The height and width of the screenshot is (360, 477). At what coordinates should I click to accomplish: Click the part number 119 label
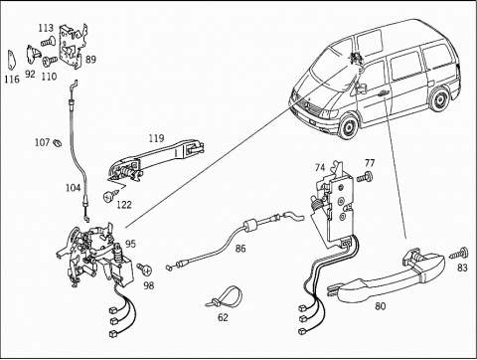pyautogui.click(x=156, y=138)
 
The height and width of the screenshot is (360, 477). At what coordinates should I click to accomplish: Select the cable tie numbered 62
pyautogui.click(x=224, y=297)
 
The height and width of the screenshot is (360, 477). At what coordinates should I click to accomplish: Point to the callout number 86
pyautogui.click(x=240, y=249)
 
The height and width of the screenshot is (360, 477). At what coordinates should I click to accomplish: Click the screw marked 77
pyautogui.click(x=365, y=177)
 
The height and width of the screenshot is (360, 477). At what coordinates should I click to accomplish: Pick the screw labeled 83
pyautogui.click(x=459, y=254)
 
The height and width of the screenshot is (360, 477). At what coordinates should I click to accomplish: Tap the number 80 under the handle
pyautogui.click(x=381, y=305)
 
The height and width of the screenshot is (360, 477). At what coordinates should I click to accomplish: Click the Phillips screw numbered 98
pyautogui.click(x=144, y=269)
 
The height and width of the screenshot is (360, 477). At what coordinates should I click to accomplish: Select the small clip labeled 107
pyautogui.click(x=58, y=143)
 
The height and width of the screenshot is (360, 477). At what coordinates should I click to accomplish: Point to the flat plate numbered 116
pyautogui.click(x=11, y=60)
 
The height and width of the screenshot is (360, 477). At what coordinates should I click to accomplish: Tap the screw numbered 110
pyautogui.click(x=50, y=61)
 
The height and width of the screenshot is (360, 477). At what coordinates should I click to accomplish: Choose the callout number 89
pyautogui.click(x=90, y=60)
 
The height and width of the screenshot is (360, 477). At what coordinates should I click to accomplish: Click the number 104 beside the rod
pyautogui.click(x=74, y=188)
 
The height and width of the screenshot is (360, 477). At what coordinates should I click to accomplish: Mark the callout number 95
pyautogui.click(x=130, y=244)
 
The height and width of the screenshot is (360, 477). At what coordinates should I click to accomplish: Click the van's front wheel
pyautogui.click(x=348, y=127)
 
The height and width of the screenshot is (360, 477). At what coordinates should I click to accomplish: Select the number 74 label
pyautogui.click(x=320, y=168)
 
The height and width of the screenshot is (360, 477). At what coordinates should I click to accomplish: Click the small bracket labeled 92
pyautogui.click(x=33, y=54)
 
